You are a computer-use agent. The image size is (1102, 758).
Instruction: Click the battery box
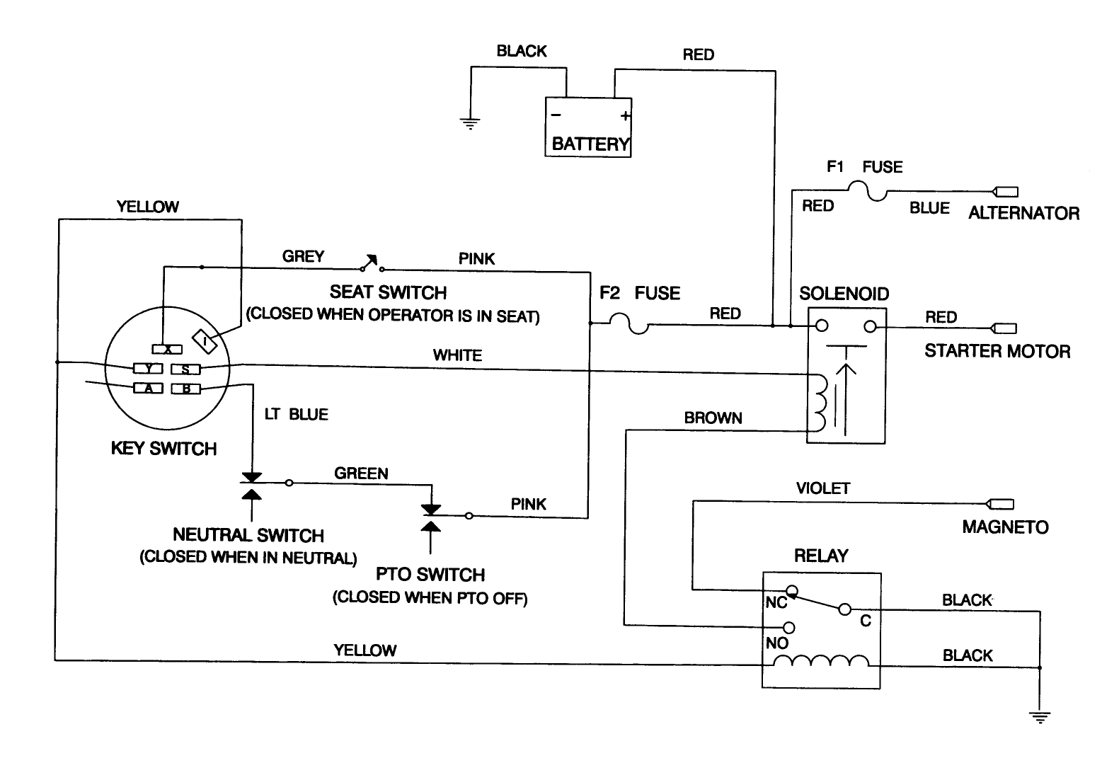[x=587, y=127]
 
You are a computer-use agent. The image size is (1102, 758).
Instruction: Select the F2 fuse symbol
[x=629, y=325]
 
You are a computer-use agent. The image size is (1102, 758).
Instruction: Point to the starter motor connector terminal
[x=1005, y=328]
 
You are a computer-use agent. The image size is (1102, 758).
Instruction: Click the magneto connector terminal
[x=1001, y=505]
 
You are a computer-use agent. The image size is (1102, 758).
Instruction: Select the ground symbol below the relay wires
[x=1040, y=717]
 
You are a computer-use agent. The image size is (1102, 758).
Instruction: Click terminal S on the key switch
[x=186, y=369]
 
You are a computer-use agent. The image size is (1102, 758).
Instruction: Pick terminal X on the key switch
[x=168, y=349]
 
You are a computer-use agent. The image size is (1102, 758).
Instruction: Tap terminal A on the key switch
[x=149, y=388]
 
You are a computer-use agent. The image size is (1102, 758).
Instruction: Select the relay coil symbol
[x=821, y=661]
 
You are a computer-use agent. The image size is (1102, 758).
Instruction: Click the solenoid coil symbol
[x=821, y=401]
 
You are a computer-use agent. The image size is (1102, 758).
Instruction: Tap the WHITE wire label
[x=457, y=355]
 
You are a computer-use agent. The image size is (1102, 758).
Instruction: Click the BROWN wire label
[x=713, y=418]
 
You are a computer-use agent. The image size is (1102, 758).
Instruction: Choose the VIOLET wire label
[x=822, y=488]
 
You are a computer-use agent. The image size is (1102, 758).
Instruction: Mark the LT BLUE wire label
[x=296, y=414]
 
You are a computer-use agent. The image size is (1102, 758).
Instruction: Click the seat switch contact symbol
[x=370, y=264]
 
